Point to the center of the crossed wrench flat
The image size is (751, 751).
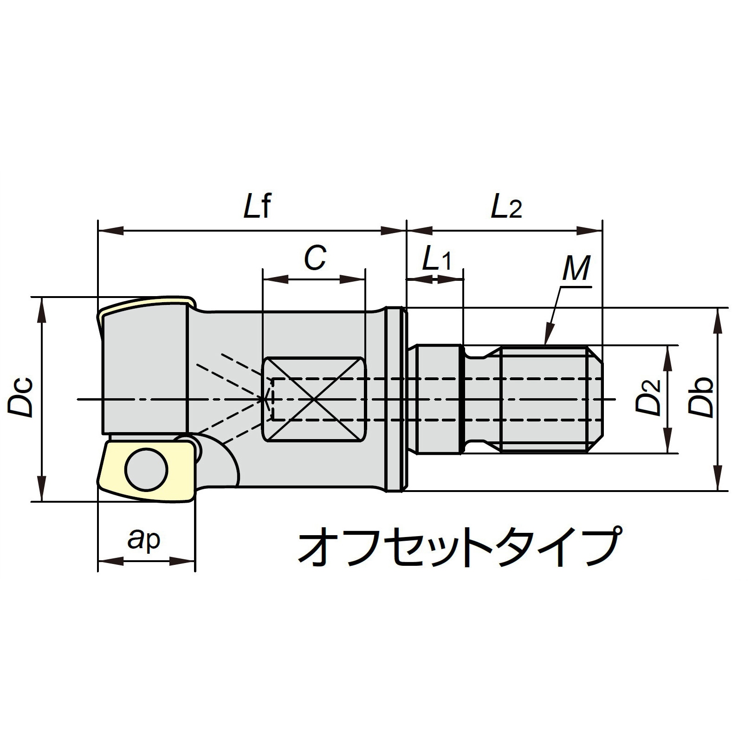point(314,399)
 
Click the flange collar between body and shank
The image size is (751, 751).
point(395,399)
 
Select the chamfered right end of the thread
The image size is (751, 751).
point(596,399)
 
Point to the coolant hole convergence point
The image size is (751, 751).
point(265,399)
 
